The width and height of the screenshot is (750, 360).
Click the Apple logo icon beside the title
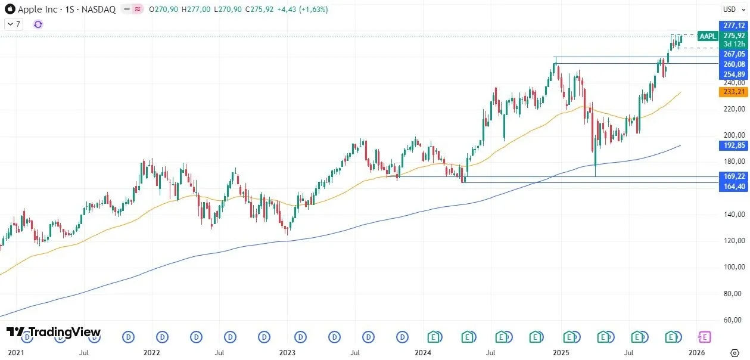point(10,10)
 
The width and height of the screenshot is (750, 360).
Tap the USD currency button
point(730,9)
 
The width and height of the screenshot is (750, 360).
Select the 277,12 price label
point(733,26)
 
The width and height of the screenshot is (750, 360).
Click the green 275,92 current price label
point(733,36)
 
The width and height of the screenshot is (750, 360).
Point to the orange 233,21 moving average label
point(733,91)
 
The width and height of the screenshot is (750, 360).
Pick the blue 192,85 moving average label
point(733,145)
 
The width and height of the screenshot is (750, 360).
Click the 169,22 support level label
point(733,176)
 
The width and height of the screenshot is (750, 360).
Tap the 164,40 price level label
point(733,187)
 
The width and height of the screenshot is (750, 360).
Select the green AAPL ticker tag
point(708,36)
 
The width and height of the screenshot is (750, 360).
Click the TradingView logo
point(54,332)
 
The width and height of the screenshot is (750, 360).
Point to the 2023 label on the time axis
point(287,353)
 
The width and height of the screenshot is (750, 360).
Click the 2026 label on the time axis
point(697,353)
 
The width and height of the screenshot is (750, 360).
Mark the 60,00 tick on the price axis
point(733,320)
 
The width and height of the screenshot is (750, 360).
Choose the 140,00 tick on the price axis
point(733,215)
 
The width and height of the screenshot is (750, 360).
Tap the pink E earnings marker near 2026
point(705,337)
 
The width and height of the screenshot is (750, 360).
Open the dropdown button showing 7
point(14,24)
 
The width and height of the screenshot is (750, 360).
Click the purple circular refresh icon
point(38,24)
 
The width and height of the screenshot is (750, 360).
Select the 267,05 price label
point(733,54)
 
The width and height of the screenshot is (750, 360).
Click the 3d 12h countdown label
point(733,44)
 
